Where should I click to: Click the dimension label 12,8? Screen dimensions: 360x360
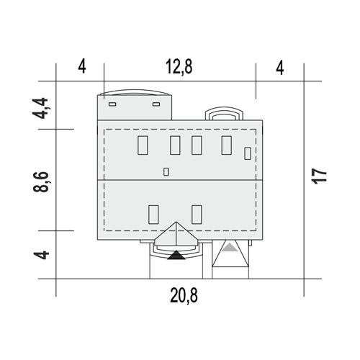179,67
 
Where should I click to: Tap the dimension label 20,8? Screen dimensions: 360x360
184,295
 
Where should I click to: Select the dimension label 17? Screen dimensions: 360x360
319,176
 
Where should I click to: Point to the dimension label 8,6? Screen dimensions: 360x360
40,181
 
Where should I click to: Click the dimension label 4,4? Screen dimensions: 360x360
40,108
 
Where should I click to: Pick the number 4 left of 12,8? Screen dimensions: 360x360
82,67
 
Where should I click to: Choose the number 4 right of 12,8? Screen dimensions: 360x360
280,68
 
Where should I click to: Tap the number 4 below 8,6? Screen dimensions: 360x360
41,255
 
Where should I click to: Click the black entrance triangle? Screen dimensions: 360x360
176,255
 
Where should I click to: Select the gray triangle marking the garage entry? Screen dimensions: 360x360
230,248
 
